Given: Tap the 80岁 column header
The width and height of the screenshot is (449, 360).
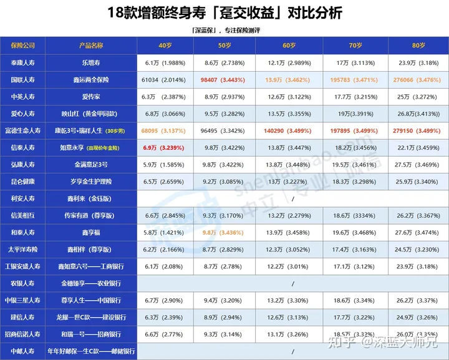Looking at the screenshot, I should (418, 46).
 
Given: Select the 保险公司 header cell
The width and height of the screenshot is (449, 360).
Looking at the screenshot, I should (23, 46).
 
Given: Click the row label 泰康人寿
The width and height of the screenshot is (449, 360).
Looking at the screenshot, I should (23, 64).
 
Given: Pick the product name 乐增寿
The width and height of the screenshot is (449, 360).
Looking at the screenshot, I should (91, 64).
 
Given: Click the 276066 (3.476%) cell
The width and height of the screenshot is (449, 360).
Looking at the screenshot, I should (418, 80).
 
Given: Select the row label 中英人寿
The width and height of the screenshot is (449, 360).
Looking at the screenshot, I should (23, 97).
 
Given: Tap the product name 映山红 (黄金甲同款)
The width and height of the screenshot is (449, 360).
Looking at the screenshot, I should (91, 114).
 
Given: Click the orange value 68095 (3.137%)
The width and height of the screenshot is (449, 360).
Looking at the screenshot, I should (163, 131).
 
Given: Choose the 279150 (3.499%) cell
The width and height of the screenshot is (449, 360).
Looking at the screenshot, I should (418, 131).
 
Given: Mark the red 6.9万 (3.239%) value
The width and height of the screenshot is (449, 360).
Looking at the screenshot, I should (163, 147).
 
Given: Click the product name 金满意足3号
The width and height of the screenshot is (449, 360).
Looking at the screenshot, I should (91, 164).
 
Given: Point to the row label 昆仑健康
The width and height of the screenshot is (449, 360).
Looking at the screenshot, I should (23, 181).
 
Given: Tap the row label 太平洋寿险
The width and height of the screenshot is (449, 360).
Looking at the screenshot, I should (23, 249).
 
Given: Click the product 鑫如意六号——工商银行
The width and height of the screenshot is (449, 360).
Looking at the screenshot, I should (91, 266).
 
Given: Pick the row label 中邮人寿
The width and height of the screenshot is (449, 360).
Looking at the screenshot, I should (23, 351).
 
